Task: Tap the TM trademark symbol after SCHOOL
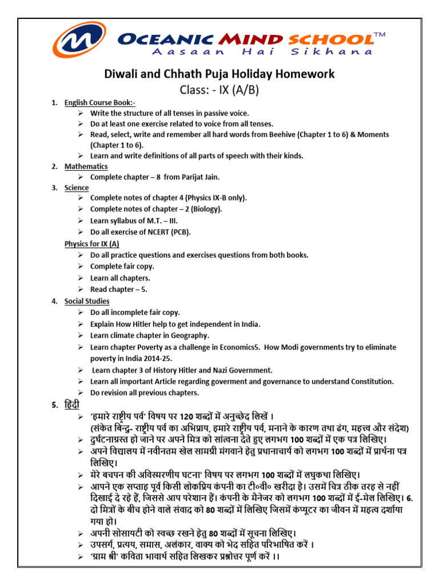coord(380,36)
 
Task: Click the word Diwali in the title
coord(122,74)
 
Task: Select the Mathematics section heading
coord(86,166)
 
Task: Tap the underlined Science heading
coord(77,187)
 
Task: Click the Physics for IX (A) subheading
coord(91,244)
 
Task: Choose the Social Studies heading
coord(87,301)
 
